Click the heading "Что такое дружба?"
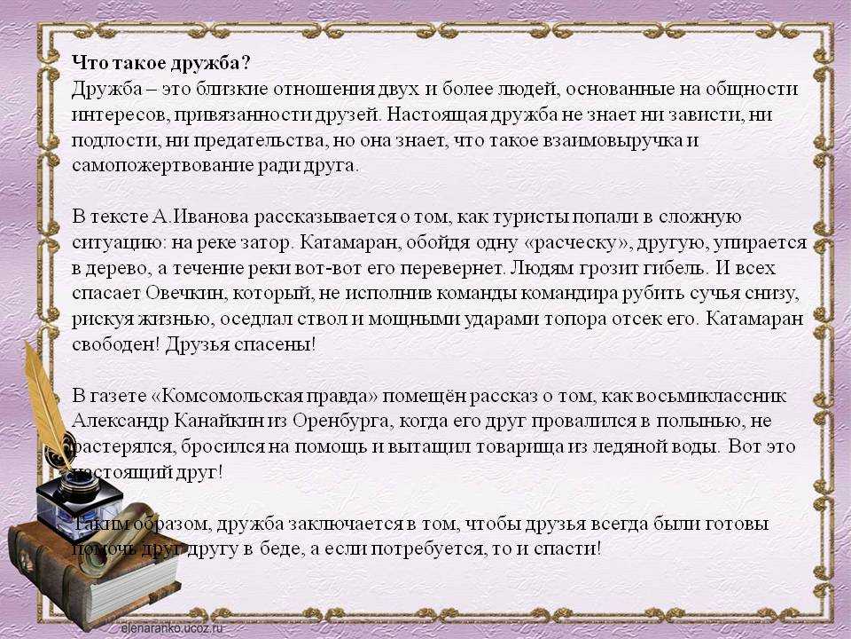pos(161,64)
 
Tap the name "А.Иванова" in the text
pos(200,217)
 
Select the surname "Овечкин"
pos(184,294)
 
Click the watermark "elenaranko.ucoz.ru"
pos(171,628)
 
